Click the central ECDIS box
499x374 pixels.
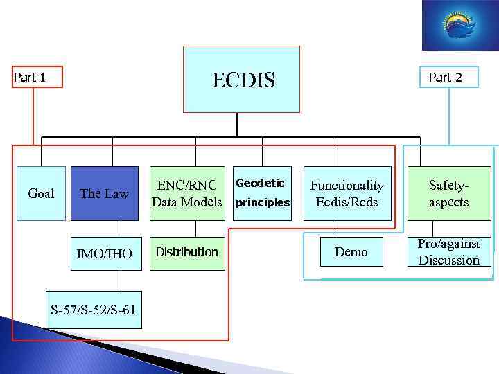click(x=241, y=79)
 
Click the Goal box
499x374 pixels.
click(x=41, y=193)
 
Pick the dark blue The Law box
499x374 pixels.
click(x=105, y=193)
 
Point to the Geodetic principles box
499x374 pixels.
click(x=262, y=193)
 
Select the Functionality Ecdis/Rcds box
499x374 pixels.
click(x=347, y=193)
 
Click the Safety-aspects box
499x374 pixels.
click(x=448, y=193)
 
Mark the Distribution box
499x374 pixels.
click(x=187, y=252)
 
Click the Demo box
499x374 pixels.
click(x=351, y=252)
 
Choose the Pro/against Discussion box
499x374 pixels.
click(x=448, y=252)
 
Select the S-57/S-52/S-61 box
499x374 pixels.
click(x=93, y=310)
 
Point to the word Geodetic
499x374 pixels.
click(x=261, y=183)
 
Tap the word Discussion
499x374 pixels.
click(x=448, y=260)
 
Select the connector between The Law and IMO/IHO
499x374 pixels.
click(x=121, y=229)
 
